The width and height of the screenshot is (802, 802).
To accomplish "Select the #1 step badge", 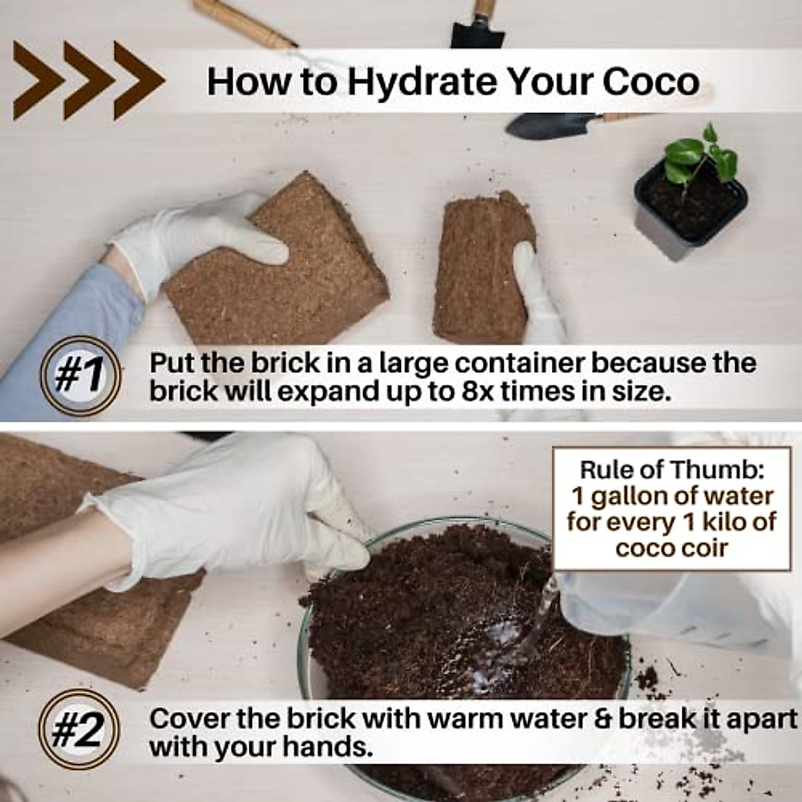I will coord(80,376).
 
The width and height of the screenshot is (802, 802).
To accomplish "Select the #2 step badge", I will coord(78,730).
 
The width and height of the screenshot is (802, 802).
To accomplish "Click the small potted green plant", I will coord(692,187).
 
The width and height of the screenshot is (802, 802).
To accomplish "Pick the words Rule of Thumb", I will coord(671,469).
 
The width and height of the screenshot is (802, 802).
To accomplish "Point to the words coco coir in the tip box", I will coord(671,548).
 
